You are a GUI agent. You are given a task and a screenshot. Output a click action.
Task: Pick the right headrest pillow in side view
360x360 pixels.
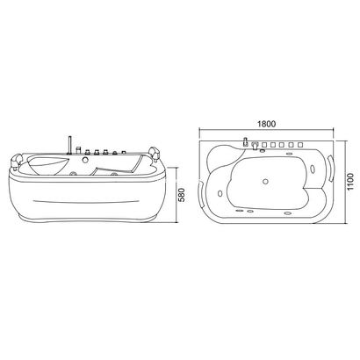pos(155,154)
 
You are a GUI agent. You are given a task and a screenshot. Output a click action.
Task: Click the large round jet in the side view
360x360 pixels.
pos(86,159)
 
